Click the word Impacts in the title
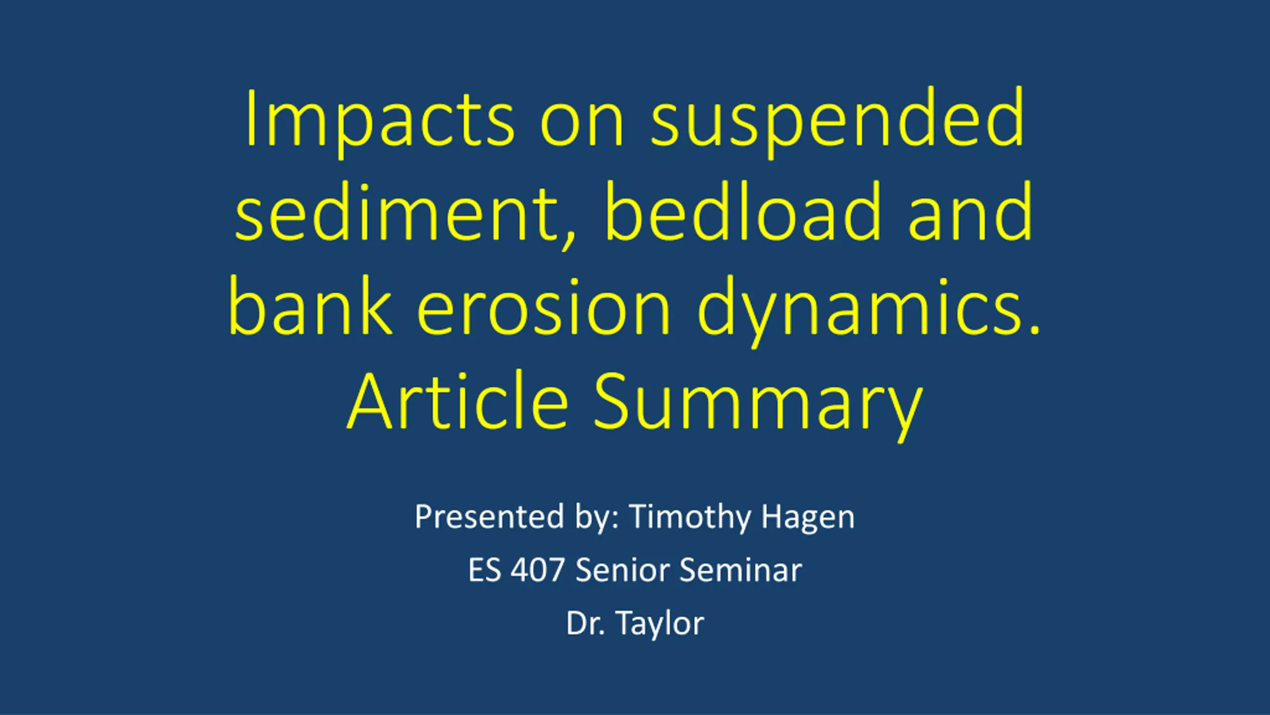[380, 122]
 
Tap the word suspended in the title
[837, 122]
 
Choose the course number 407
[538, 570]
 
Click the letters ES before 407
[484, 570]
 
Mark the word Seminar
[741, 570]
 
